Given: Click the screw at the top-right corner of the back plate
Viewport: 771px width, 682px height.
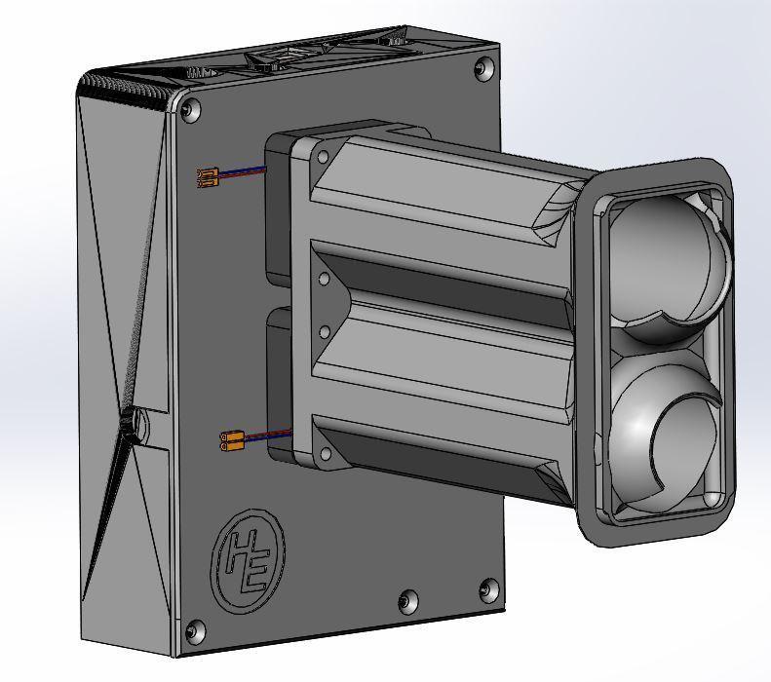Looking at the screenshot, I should coord(482,68).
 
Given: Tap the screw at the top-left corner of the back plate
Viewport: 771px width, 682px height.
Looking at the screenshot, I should coord(189,110).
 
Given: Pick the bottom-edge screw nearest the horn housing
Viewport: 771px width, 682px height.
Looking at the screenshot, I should coord(408,600).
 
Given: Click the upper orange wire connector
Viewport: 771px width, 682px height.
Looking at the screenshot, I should coord(206,177).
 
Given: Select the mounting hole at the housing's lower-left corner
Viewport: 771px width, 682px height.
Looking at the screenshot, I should coord(324,453).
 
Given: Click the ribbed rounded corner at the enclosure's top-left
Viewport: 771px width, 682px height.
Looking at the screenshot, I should coord(127,83).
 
